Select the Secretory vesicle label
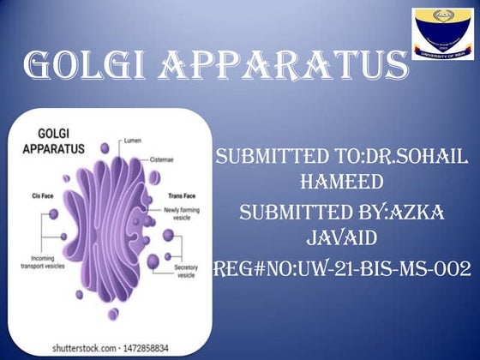186,272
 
